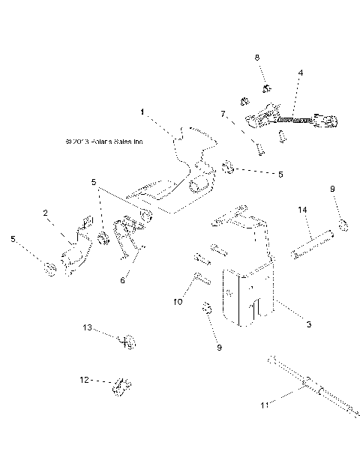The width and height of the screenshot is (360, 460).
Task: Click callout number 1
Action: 142,112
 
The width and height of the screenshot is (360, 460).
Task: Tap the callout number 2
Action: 46,214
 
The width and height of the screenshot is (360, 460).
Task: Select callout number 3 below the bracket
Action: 288,324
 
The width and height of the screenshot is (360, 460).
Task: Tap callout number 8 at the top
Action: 257,57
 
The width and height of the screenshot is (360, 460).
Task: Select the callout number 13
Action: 87,327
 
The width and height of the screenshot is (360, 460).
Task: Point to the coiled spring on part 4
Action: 295,119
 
